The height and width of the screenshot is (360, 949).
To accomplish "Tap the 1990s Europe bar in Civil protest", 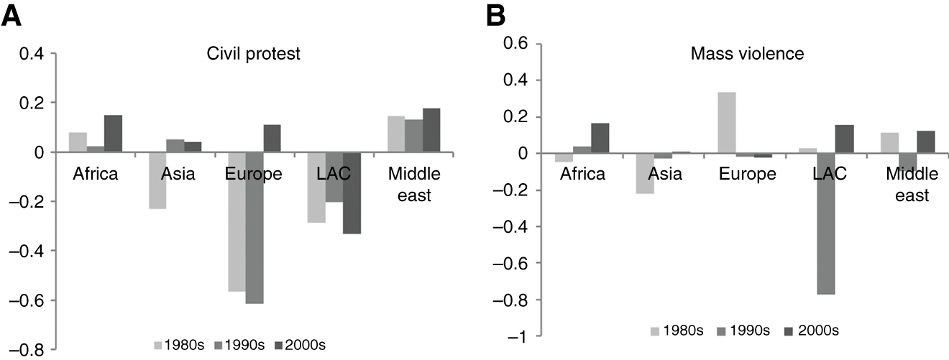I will click(254, 228).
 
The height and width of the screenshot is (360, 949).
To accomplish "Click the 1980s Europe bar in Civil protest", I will click(237, 221).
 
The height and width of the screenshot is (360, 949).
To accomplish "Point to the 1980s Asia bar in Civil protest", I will click(157, 180).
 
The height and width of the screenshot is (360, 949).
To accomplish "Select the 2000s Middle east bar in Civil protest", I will click(431, 130).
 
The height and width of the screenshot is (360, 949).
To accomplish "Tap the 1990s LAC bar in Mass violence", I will click(764, 223).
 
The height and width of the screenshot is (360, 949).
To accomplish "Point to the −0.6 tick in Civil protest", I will click(29, 300).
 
